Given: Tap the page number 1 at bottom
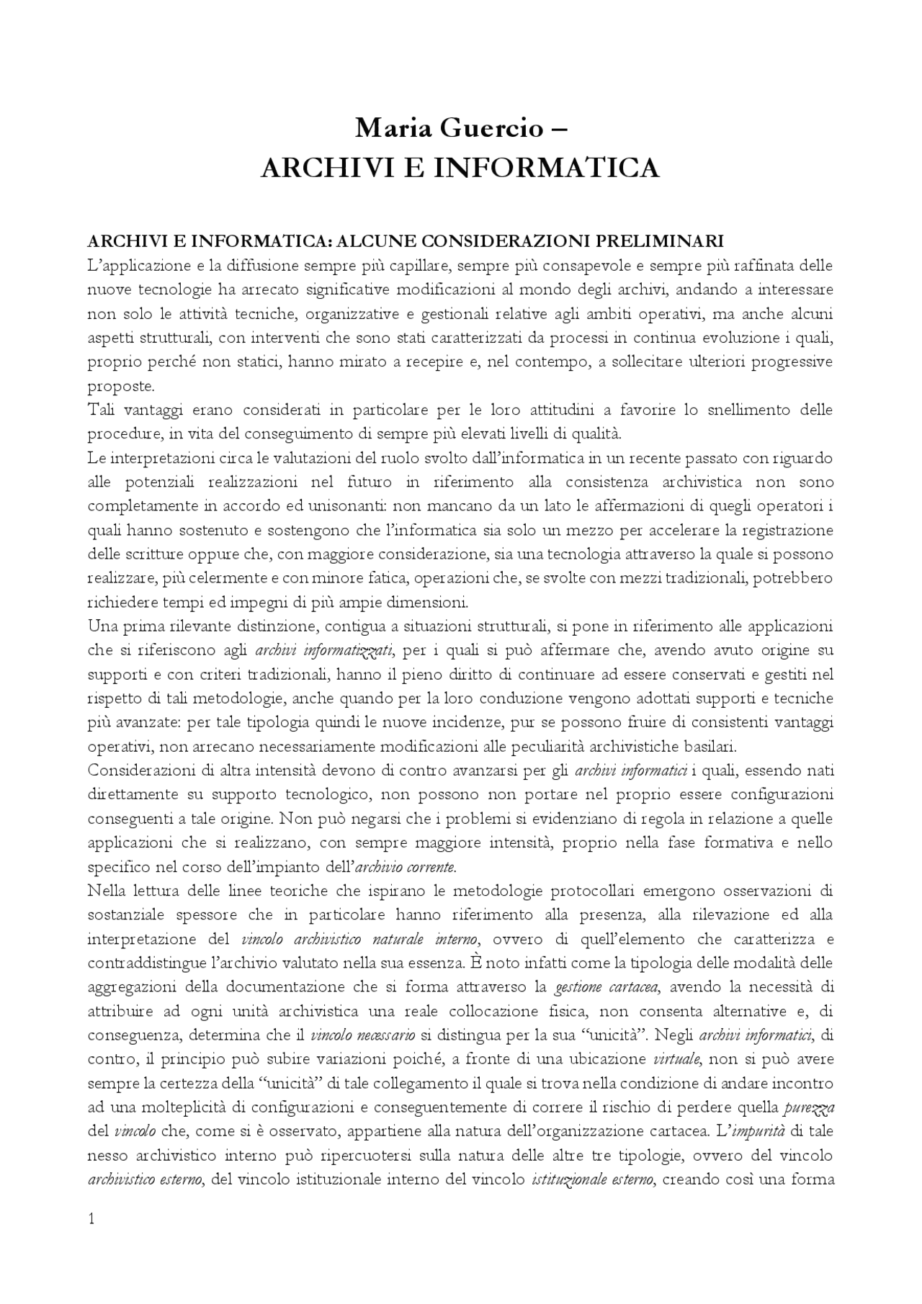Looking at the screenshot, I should pyautogui.click(x=91, y=1218).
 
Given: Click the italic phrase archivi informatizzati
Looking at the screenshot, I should pyautogui.click(x=323, y=651).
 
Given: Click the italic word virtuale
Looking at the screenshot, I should pyautogui.click(x=676, y=1059).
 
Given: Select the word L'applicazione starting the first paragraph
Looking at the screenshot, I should pyautogui.click(x=136, y=266).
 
